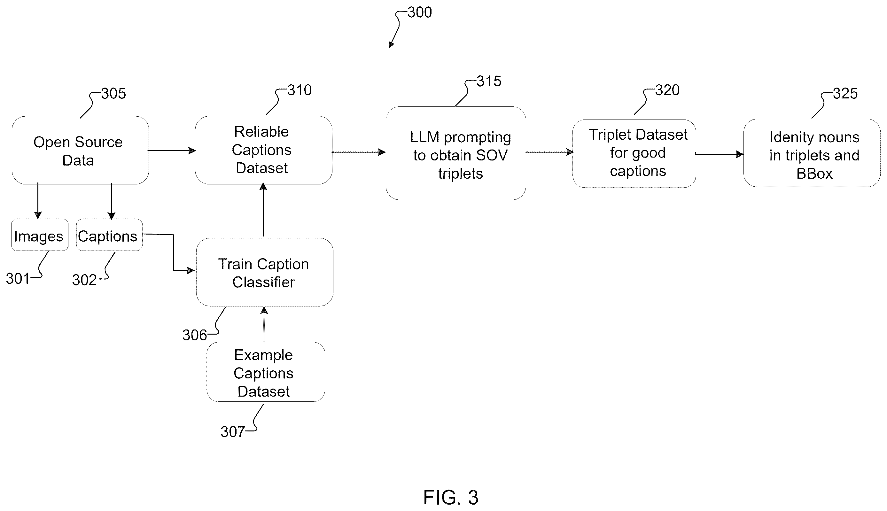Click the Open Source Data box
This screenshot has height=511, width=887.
[x=80, y=150]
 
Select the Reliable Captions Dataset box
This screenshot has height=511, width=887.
[x=264, y=150]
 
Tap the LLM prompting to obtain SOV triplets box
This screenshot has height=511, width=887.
[x=455, y=153]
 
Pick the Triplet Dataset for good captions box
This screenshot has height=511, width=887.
[x=634, y=154]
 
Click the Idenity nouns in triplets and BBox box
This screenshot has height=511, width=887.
[x=812, y=153]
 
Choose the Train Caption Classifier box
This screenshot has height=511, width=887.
[x=265, y=272]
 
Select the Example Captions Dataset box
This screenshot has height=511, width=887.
[x=266, y=372]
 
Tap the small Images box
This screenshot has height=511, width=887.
[x=40, y=235]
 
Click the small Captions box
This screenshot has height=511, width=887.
[x=109, y=235]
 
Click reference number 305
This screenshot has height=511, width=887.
[x=113, y=93]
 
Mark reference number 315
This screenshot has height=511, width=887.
[x=489, y=81]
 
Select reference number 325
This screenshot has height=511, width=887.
[x=845, y=93]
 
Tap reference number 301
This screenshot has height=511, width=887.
[x=18, y=279]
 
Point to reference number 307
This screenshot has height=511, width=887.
[x=233, y=432]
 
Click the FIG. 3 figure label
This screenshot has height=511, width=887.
[x=451, y=497]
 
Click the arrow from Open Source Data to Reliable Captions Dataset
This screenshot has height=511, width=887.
[x=172, y=151]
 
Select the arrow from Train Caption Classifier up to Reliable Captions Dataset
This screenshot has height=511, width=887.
[x=263, y=210]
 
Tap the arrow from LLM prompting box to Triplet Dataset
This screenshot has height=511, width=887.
[x=549, y=152]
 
